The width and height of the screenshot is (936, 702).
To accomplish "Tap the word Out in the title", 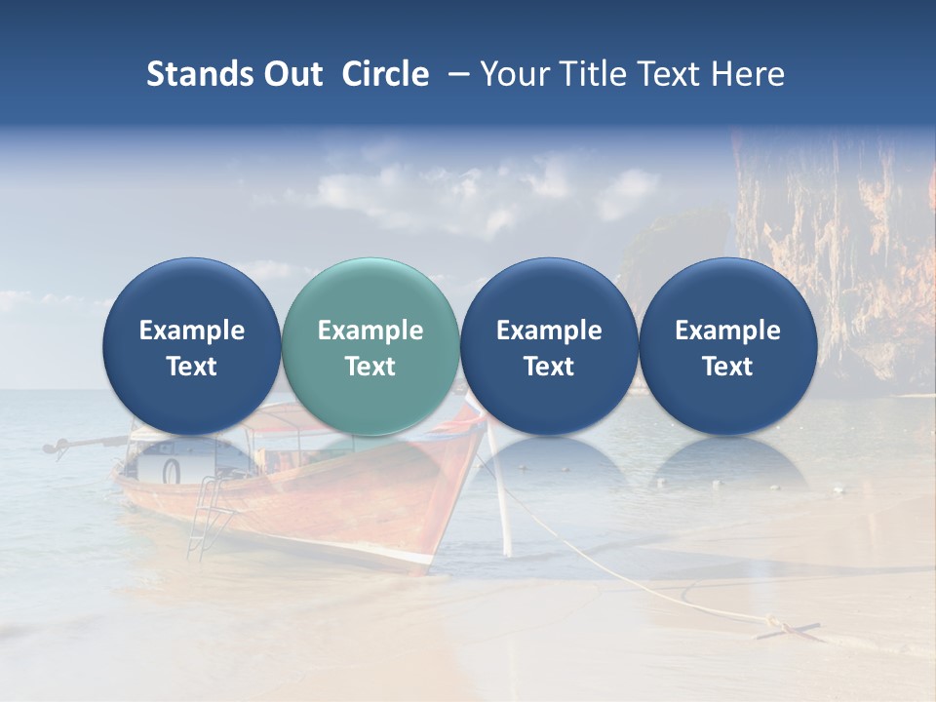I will (291, 74).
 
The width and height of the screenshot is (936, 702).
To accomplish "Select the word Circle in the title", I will (385, 74).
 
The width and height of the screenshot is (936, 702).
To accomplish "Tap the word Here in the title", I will (748, 74).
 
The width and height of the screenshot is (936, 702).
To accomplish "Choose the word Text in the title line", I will (671, 74).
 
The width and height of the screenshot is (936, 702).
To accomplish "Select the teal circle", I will (370, 346).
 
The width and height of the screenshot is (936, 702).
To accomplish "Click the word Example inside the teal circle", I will (370, 331).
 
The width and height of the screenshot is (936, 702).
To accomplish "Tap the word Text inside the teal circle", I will (370, 367).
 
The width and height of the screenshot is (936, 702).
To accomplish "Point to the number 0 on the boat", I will (172, 472).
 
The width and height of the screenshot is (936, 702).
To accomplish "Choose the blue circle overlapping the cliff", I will (727, 346).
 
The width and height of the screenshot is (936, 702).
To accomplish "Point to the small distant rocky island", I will (673, 244).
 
